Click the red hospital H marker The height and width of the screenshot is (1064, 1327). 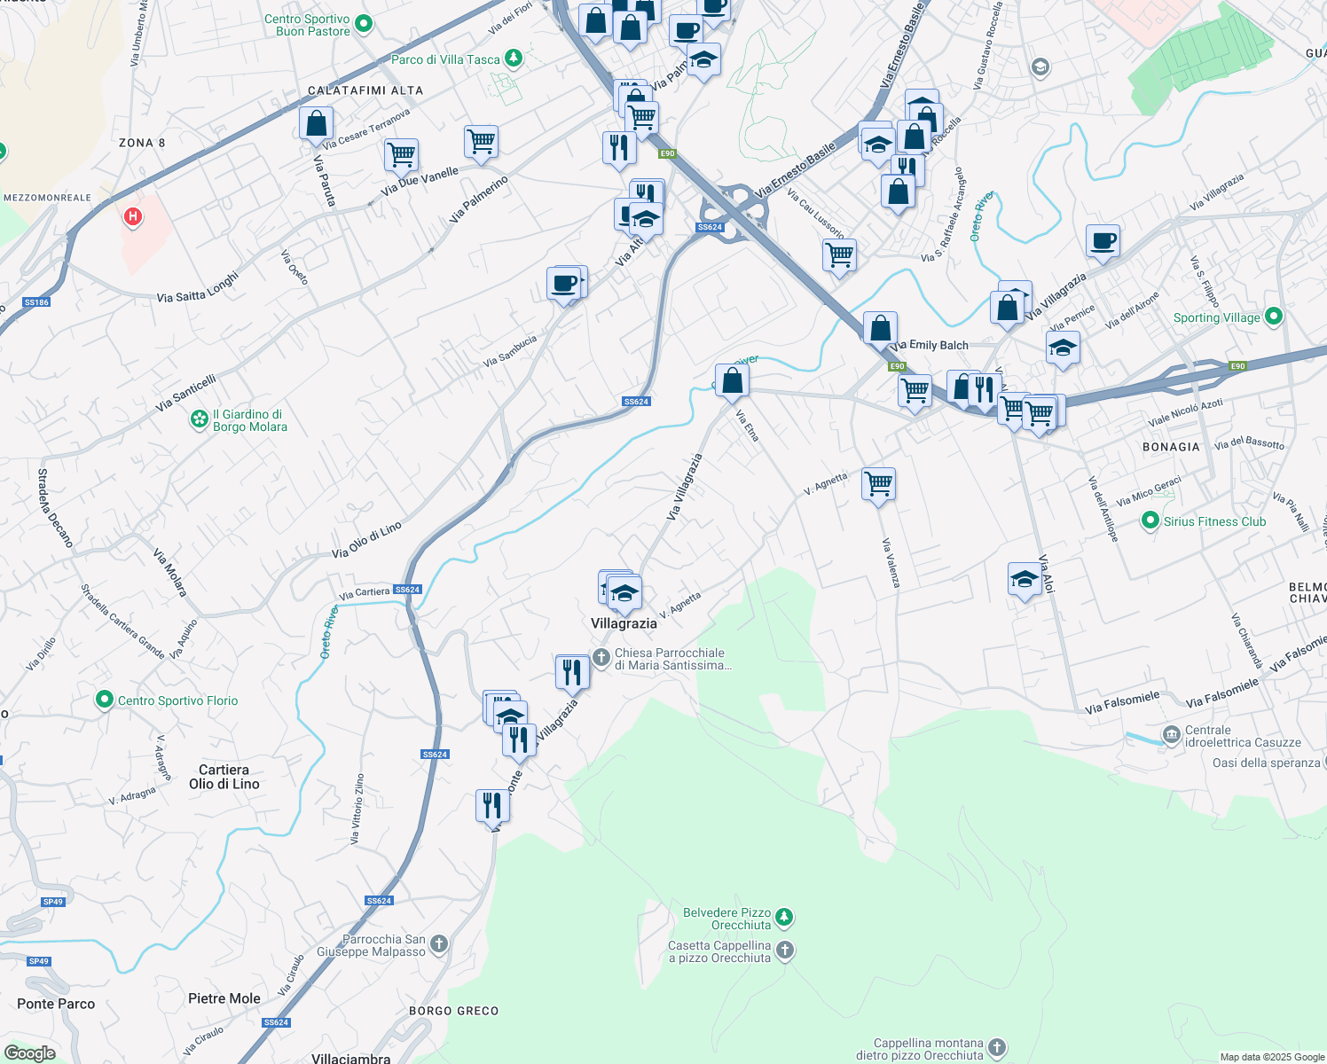tap(133, 216)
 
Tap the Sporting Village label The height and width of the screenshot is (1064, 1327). tap(1216, 317)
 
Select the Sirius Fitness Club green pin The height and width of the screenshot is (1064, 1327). tap(1150, 520)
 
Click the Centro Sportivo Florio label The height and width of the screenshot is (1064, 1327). tap(177, 700)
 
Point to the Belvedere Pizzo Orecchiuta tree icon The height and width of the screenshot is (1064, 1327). tap(784, 916)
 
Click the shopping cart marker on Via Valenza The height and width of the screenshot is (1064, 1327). tap(878, 484)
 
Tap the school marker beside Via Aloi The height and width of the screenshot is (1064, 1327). tap(1025, 580)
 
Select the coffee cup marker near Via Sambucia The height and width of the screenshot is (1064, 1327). tap(564, 284)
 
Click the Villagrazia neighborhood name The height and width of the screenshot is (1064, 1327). tap(624, 623)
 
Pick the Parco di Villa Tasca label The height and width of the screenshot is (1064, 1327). tap(445, 59)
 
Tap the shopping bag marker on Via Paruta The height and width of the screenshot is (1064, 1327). tap(316, 124)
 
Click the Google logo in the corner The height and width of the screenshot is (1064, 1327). tap(29, 1052)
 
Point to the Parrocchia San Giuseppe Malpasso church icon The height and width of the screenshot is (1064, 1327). tap(439, 944)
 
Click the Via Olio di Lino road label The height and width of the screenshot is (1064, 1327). tap(366, 540)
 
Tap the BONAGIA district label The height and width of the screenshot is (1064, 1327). tap(1171, 447)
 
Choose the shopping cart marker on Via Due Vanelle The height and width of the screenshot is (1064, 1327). tap(401, 155)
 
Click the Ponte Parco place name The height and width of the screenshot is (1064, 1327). tap(56, 1004)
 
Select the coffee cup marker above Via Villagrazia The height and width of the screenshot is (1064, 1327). tap(1103, 240)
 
